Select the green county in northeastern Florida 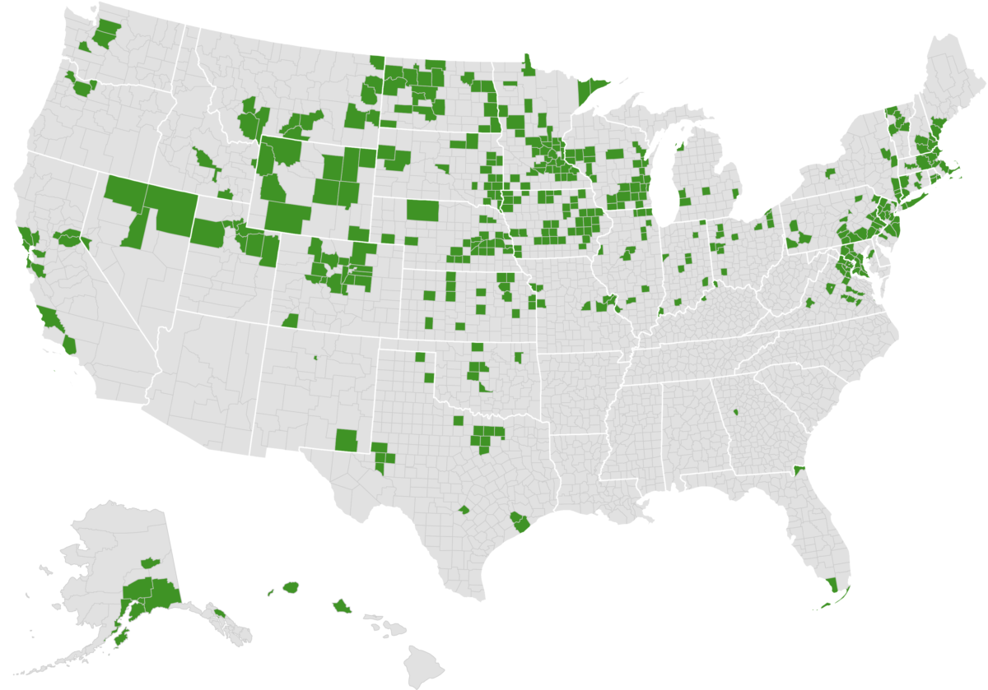797,471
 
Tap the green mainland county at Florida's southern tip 833,586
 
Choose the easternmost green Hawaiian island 342,607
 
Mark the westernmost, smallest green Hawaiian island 269,591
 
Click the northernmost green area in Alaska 150,563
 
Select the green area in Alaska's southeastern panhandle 219,612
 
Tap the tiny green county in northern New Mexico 315,358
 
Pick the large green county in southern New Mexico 347,440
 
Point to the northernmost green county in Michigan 680,150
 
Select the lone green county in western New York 829,174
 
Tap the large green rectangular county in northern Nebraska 422,211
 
